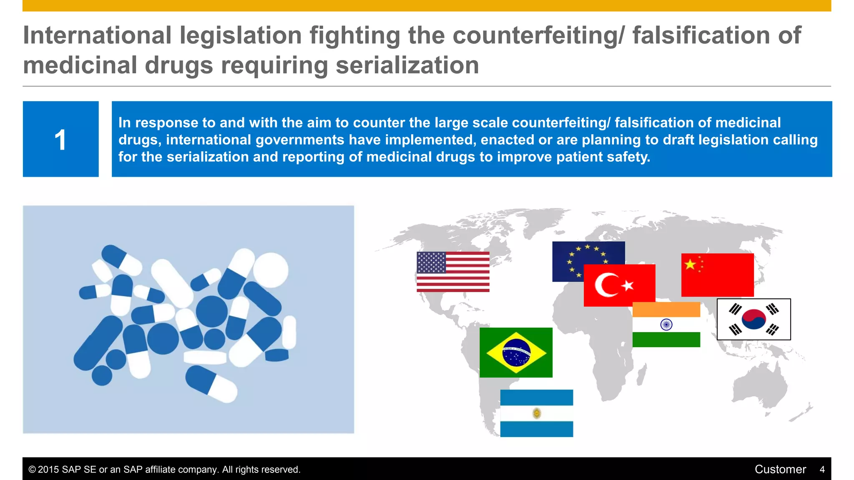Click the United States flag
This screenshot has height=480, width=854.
[453, 272]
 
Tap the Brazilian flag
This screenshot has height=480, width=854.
[516, 352]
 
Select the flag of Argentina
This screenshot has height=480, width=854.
[536, 413]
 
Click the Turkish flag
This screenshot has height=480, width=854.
[619, 285]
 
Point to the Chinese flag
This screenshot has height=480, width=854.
[717, 275]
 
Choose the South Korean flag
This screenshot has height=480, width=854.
[754, 319]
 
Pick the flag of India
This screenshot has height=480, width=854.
[666, 325]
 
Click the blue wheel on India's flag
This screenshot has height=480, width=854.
[666, 325]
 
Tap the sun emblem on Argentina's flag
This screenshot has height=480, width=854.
[537, 413]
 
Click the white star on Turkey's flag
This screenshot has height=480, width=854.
[628, 285]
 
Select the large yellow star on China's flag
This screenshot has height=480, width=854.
[690, 264]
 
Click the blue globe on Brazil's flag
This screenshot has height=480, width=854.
[516, 352]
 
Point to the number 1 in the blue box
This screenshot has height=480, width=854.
[60, 140]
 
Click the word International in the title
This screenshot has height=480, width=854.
[97, 35]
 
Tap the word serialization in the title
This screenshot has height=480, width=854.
[407, 65]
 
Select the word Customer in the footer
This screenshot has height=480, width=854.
[780, 469]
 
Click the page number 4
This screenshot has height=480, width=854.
[822, 470]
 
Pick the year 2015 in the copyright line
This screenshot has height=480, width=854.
[48, 470]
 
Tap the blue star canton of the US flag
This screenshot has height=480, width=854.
[431, 262]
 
